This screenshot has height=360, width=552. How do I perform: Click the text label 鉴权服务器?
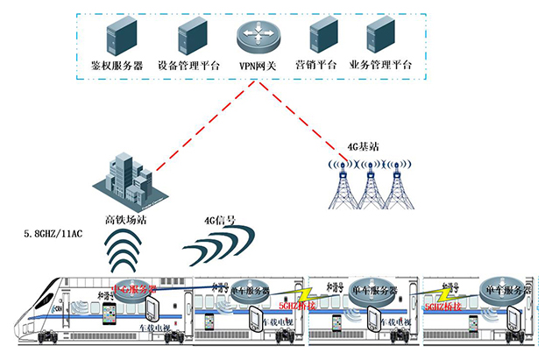[117, 65]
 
